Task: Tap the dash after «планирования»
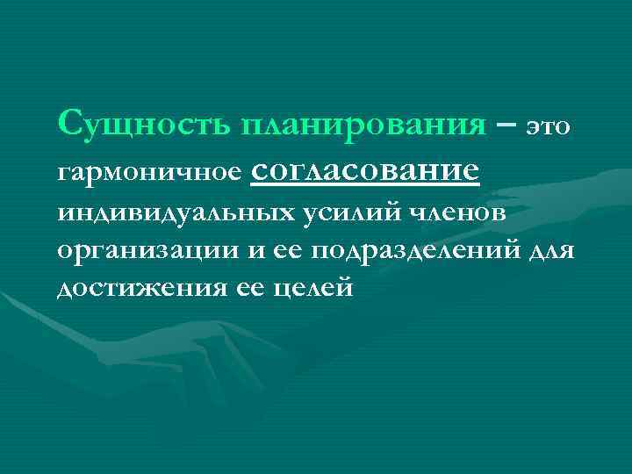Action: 505,125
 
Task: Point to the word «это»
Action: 549,128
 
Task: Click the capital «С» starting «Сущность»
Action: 69,123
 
